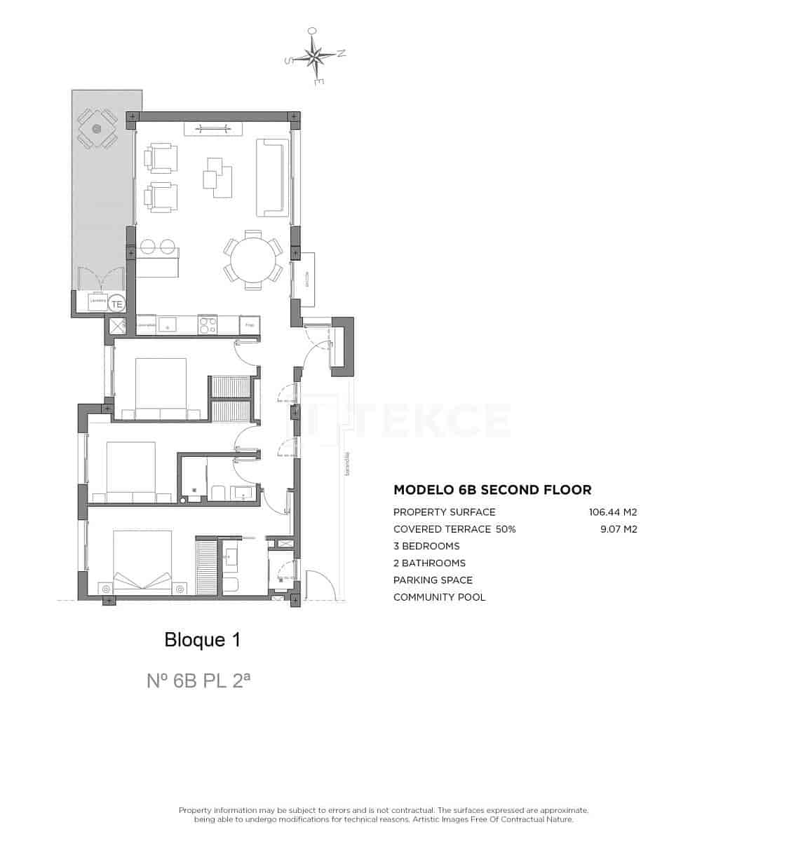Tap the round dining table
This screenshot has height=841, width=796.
pyautogui.click(x=253, y=259)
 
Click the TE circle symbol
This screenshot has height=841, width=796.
pyautogui.click(x=117, y=304)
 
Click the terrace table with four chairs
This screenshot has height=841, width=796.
pyautogui.click(x=97, y=128)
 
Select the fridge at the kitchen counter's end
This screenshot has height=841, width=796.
pyautogui.click(x=250, y=325)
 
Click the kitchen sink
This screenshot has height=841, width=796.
pyautogui.click(x=168, y=324)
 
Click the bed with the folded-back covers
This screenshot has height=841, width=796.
pyautogui.click(x=143, y=561)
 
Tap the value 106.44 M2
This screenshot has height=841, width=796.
pyautogui.click(x=612, y=512)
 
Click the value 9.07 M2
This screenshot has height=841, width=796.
pyautogui.click(x=619, y=529)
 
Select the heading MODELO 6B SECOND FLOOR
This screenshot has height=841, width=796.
pyautogui.click(x=492, y=490)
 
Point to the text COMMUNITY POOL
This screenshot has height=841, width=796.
pyautogui.click(x=439, y=597)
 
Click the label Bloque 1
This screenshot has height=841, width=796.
pyautogui.click(x=202, y=639)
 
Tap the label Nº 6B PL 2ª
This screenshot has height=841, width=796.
pyautogui.click(x=198, y=680)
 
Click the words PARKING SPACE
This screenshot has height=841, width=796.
pyautogui.click(x=433, y=580)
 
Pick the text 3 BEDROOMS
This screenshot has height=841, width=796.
pyautogui.click(x=426, y=546)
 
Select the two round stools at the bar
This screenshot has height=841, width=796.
pyautogui.click(x=158, y=247)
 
